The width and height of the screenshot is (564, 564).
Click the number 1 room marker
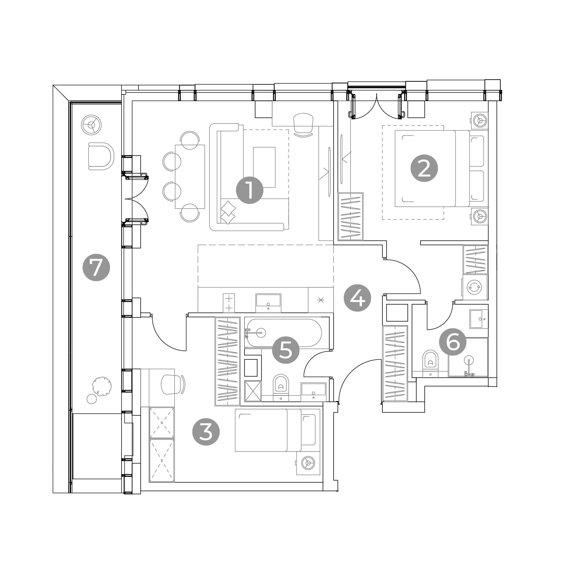(250, 190)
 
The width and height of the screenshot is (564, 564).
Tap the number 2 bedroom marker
(424, 168)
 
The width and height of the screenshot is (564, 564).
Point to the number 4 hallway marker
(357, 298)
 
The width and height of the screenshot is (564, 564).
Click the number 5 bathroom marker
(286, 350)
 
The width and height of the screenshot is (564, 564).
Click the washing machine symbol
(474, 287)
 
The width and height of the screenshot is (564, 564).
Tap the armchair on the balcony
(101, 156)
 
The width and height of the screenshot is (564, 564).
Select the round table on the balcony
(92, 125)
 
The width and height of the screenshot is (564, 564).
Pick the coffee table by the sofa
(264, 167)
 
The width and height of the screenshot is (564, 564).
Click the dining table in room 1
(190, 177)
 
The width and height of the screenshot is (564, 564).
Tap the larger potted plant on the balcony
(101, 386)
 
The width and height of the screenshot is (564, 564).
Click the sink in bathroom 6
(479, 319)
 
